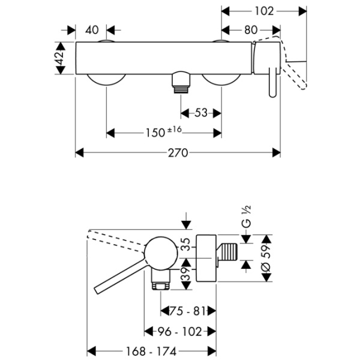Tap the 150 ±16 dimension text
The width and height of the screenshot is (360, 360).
point(163,132)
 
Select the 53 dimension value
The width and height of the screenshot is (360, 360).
point(201,112)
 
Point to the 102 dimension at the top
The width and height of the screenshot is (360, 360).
point(264,11)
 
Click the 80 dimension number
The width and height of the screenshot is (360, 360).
point(251,29)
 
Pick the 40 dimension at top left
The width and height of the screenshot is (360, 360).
point(91,29)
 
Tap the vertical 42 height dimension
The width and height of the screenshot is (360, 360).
point(59,58)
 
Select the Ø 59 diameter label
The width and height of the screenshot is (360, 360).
point(268,262)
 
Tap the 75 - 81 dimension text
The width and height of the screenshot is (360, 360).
point(188,310)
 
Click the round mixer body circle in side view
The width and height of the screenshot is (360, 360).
point(160,252)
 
